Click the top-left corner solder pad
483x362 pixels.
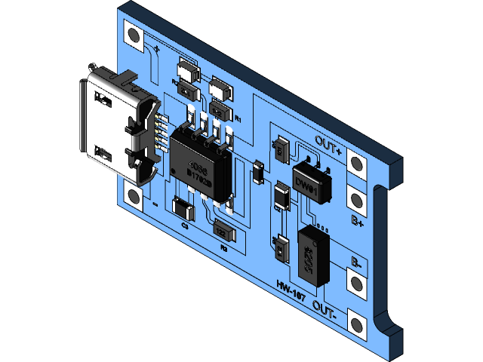coord(134,35)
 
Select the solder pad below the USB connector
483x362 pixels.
coord(134,197)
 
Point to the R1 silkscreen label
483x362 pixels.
coord(238,119)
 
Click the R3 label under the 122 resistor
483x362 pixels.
coord(223,247)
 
